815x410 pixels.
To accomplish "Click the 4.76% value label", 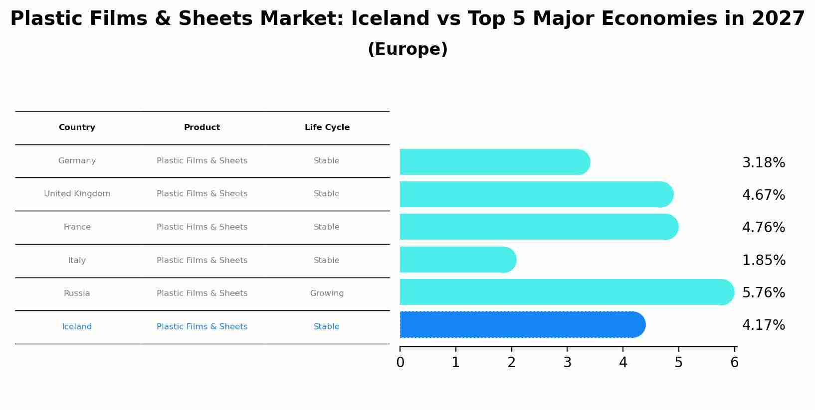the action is click(763, 228).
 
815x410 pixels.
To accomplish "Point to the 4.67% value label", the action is click(763, 195).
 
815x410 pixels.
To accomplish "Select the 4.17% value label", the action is click(763, 325).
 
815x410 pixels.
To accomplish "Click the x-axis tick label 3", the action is click(567, 363).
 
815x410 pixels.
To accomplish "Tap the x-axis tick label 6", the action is click(734, 363).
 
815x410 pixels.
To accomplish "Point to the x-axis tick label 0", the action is click(400, 363).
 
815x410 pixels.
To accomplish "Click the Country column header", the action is click(77, 128).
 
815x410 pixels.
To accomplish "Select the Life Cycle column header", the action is click(327, 128).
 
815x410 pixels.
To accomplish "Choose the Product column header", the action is click(202, 128).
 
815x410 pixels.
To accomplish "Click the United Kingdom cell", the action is click(77, 194).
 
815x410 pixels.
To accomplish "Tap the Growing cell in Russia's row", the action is click(327, 293).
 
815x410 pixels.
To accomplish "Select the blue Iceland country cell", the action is click(77, 327).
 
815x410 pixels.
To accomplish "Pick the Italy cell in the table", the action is click(77, 261).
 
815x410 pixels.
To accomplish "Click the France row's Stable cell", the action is click(327, 227).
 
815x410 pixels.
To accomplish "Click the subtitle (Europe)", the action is click(407, 49).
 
